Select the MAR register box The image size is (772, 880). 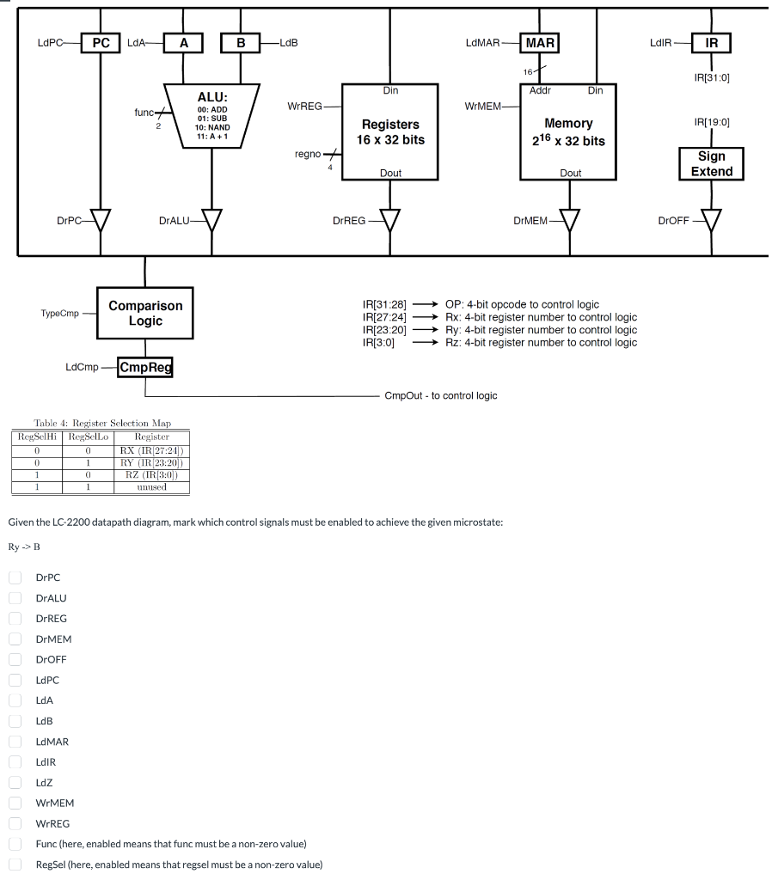pyautogui.click(x=540, y=42)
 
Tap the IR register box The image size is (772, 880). pyautogui.click(x=712, y=42)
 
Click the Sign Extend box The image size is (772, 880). pyautogui.click(x=711, y=163)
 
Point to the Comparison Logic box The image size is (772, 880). pyautogui.click(x=145, y=313)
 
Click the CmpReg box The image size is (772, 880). pyautogui.click(x=145, y=368)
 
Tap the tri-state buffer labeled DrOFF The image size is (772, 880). pyautogui.click(x=711, y=221)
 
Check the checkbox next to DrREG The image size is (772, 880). pyautogui.click(x=15, y=618)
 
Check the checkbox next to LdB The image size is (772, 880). pyautogui.click(x=15, y=721)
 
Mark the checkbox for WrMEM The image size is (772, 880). pyautogui.click(x=15, y=803)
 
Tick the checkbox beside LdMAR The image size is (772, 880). pyautogui.click(x=15, y=742)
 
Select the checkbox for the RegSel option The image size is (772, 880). pyautogui.click(x=15, y=865)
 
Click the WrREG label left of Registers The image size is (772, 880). pyautogui.click(x=303, y=106)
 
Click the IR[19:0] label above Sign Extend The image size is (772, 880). pyautogui.click(x=712, y=123)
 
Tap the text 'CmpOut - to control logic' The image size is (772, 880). pyautogui.click(x=440, y=395)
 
